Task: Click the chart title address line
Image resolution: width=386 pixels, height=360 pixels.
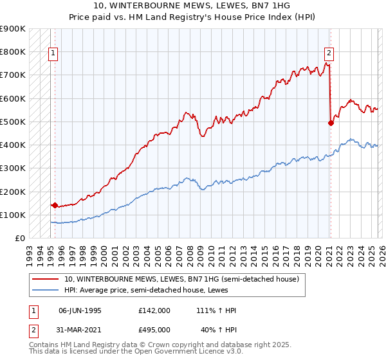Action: (x=192, y=6)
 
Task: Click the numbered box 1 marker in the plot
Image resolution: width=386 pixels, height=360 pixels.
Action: (x=53, y=54)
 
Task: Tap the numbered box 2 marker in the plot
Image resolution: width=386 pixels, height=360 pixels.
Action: (x=329, y=54)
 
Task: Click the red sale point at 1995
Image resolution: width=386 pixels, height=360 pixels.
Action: (x=55, y=206)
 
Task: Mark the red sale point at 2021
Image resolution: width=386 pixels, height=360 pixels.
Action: (x=331, y=123)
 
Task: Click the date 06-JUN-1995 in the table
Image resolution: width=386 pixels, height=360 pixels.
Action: (x=80, y=310)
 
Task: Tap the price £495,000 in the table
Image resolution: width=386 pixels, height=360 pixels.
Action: (x=154, y=329)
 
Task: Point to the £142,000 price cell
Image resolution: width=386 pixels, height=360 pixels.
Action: (x=154, y=310)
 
